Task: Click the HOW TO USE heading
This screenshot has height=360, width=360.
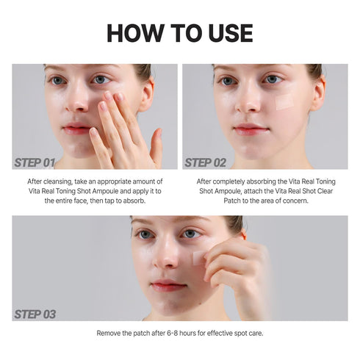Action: pos(180,32)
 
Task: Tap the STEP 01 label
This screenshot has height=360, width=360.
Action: pos(35,162)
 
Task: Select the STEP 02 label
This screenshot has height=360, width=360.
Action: pos(205,162)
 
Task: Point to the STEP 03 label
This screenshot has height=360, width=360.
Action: pos(35,314)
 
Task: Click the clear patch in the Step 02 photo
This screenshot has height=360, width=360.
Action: pos(284,101)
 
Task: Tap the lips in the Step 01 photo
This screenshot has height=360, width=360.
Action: pos(76,129)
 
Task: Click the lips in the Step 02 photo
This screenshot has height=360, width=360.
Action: pos(250,129)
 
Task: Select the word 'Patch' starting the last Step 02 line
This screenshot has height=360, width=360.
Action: pos(209,201)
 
